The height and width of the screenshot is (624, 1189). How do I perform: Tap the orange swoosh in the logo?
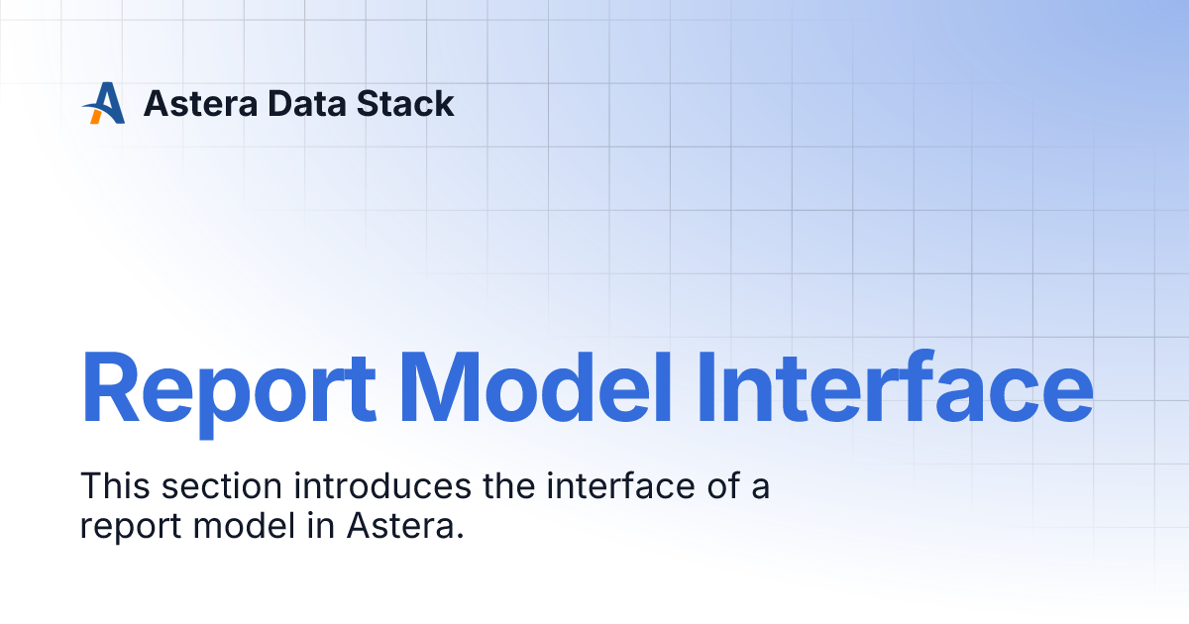pyautogui.click(x=95, y=116)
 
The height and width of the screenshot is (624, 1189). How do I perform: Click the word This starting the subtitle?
pyautogui.click(x=113, y=487)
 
